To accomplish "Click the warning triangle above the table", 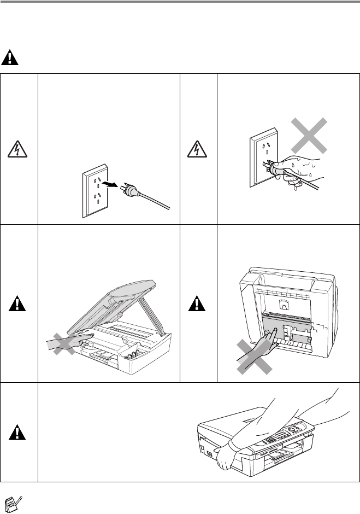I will click(11, 57).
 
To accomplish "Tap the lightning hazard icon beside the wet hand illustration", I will click(199, 147).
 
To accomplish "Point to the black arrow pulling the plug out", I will click(113, 186).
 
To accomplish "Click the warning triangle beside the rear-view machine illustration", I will click(199, 303).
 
